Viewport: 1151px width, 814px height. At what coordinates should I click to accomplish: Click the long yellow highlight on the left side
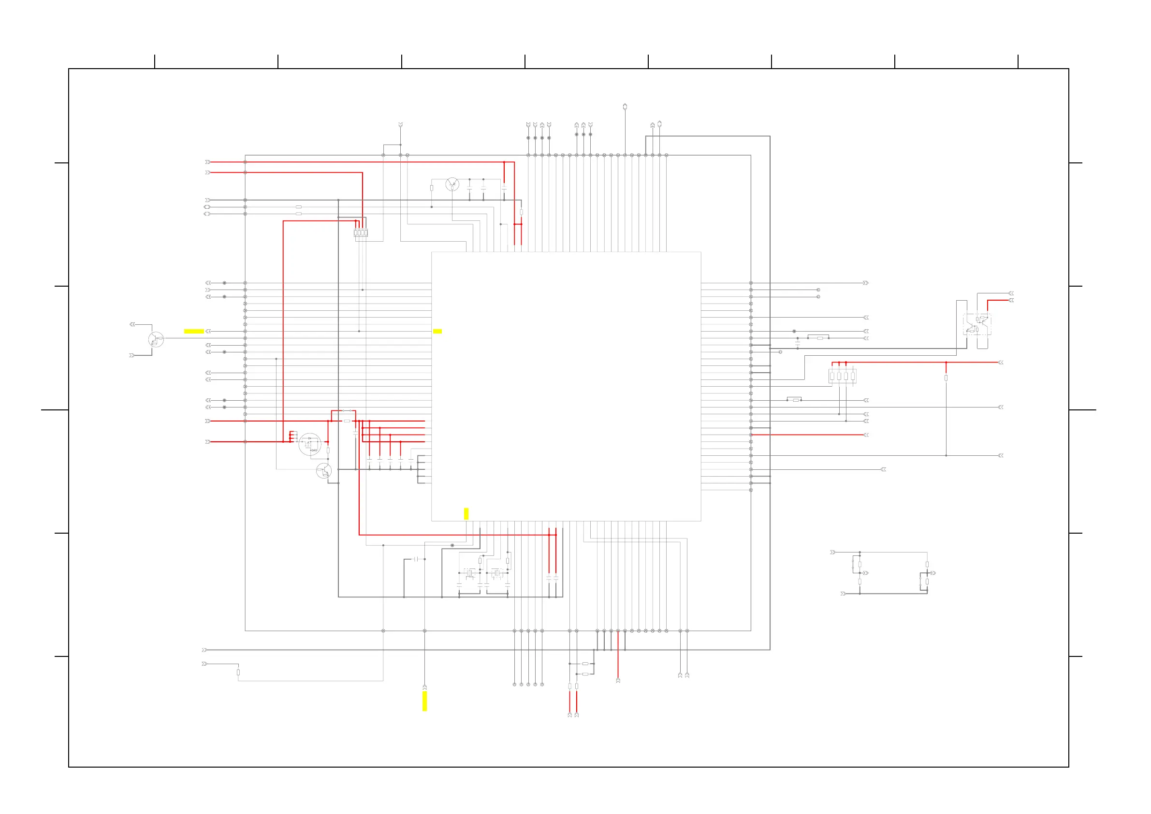tap(194, 331)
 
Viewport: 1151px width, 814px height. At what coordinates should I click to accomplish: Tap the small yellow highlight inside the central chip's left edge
tap(437, 331)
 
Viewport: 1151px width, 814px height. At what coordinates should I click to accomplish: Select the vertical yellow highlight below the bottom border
tap(424, 701)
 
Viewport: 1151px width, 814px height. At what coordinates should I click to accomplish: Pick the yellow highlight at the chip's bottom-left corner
tap(466, 514)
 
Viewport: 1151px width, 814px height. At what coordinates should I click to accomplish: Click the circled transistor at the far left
tap(156, 339)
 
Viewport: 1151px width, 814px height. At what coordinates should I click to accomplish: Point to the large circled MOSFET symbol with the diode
tap(310, 444)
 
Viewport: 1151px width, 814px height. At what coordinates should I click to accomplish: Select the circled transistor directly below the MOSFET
tap(324, 471)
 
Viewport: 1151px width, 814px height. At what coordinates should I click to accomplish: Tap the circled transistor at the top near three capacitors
tap(452, 185)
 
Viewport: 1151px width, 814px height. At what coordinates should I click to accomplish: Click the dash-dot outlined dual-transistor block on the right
tap(976, 324)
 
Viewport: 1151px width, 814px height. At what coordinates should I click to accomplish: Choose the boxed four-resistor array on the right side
tap(842, 376)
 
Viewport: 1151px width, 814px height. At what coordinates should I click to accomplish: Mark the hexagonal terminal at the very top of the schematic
tap(625, 107)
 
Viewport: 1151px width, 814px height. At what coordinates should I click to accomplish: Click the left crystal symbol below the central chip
tap(470, 573)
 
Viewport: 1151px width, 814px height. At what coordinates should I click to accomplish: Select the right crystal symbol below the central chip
tap(497, 573)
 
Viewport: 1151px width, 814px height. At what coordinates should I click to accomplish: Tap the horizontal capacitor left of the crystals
tap(416, 559)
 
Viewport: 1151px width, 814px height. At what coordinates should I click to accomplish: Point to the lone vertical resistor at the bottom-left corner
tap(238, 672)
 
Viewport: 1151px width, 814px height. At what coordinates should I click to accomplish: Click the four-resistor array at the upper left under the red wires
tap(361, 233)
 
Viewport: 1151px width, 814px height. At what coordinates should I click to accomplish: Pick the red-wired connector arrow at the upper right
tap(1011, 300)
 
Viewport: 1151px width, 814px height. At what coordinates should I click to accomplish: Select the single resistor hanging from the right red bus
tap(946, 378)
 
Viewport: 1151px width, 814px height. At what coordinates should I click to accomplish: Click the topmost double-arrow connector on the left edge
tap(207, 162)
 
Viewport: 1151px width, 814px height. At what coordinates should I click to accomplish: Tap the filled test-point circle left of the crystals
tap(452, 545)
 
